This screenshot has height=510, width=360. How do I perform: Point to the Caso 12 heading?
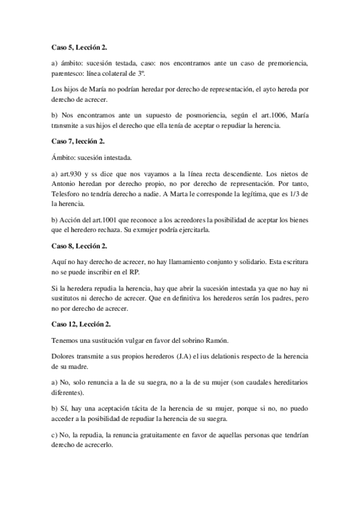[x=81, y=324]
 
